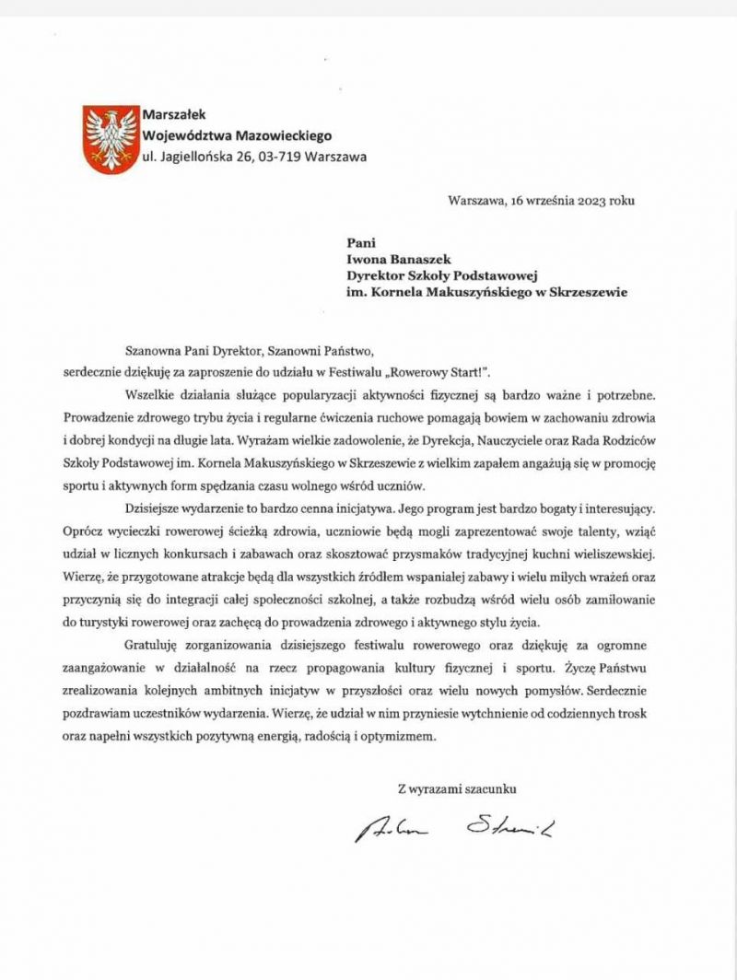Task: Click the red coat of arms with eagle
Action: point(109,139)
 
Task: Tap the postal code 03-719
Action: point(276,157)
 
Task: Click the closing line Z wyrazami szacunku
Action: point(456,788)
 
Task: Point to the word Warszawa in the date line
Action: point(474,199)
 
